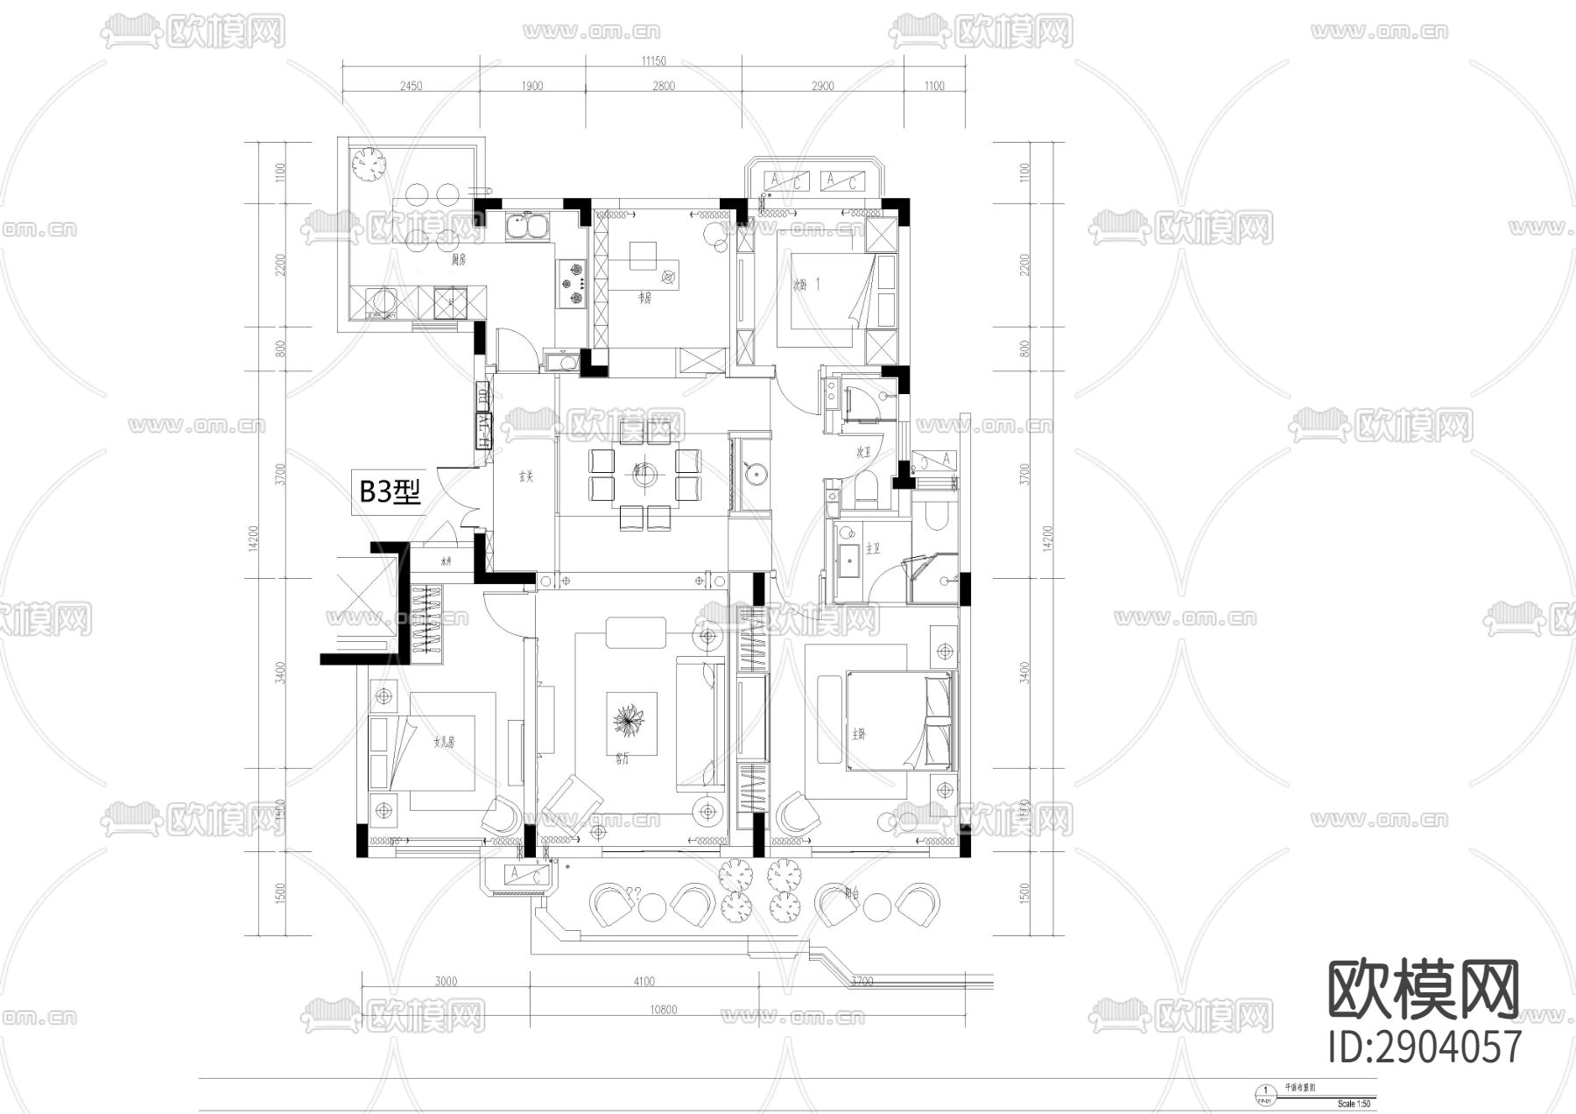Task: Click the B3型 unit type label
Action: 391,491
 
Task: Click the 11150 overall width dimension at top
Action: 653,61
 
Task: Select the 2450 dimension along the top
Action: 411,86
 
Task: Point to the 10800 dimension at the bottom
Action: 663,1010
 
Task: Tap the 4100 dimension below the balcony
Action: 644,982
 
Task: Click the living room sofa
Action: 699,726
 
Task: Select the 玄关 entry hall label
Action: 525,477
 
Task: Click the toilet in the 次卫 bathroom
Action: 863,490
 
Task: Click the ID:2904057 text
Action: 1425,1047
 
